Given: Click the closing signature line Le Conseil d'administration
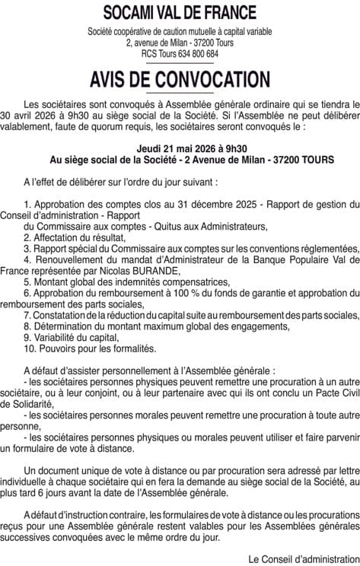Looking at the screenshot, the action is [303, 558].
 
